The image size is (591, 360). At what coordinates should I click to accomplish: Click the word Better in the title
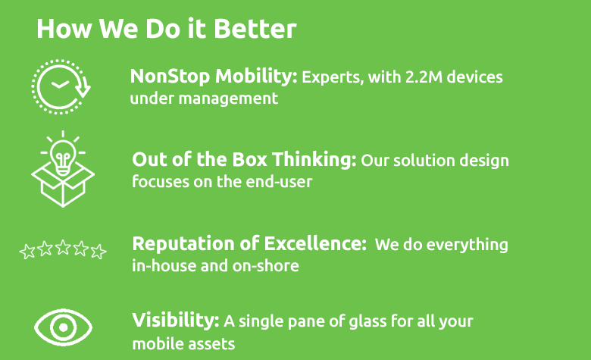coord(255,29)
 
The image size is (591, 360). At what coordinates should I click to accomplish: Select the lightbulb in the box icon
coord(63,169)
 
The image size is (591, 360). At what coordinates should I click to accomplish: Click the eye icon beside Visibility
coord(64,327)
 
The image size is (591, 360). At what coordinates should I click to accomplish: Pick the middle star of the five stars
coord(63,248)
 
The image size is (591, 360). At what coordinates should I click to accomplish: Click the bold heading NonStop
coord(170,76)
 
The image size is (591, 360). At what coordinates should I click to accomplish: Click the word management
coord(228,99)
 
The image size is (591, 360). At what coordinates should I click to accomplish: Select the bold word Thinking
coord(314,160)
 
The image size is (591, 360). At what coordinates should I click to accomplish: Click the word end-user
coord(279,182)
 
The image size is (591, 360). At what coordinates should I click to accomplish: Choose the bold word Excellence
coord(314,243)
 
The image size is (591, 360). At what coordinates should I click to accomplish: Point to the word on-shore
coord(266,266)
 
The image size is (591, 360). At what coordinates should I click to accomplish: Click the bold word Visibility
coord(175,320)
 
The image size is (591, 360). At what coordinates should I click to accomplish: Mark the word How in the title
coord(64,29)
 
